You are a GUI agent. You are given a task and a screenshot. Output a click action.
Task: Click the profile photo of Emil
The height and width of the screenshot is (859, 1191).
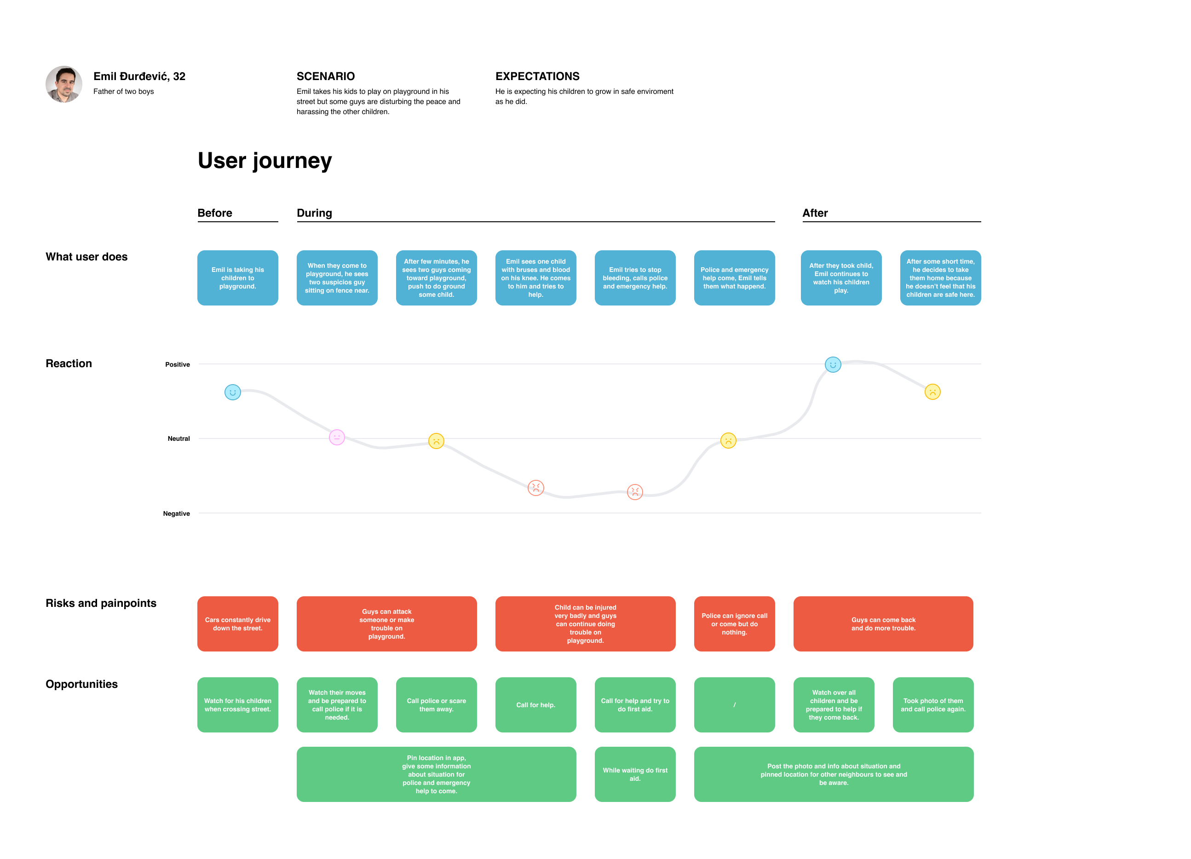pyautogui.click(x=63, y=84)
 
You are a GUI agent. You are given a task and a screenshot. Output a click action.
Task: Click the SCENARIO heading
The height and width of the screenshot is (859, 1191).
pyautogui.click(x=326, y=76)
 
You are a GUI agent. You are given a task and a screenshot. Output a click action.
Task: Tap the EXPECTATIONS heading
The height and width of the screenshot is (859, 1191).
pyautogui.click(x=537, y=76)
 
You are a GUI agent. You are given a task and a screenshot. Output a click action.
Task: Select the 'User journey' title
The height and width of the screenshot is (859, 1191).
pyautogui.click(x=265, y=161)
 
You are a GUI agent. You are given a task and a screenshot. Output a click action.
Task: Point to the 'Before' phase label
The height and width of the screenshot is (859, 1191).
pyautogui.click(x=215, y=213)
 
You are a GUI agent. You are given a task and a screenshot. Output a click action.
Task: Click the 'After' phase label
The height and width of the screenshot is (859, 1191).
pyautogui.click(x=815, y=213)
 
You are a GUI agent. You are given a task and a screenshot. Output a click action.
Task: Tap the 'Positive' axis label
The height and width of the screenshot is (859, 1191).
pyautogui.click(x=178, y=364)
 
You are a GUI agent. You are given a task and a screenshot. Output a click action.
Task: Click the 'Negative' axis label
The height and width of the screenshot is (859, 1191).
pyautogui.click(x=177, y=513)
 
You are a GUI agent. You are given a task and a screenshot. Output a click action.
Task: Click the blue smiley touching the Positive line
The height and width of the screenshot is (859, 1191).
pyautogui.click(x=832, y=364)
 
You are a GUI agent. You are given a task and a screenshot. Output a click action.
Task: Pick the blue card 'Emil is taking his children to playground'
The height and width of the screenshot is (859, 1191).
pyautogui.click(x=238, y=278)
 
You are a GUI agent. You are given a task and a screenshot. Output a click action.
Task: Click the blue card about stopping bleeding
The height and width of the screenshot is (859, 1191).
pyautogui.click(x=635, y=278)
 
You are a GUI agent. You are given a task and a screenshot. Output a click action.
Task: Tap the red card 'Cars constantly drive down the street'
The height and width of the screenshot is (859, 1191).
pyautogui.click(x=238, y=624)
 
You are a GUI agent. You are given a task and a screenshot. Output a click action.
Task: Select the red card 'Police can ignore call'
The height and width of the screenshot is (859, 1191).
pyautogui.click(x=734, y=624)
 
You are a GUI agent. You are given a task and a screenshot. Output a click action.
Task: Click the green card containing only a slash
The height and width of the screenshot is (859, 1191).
pyautogui.click(x=734, y=704)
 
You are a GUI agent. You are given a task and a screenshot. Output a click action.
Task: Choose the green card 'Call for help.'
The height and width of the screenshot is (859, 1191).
pyautogui.click(x=535, y=704)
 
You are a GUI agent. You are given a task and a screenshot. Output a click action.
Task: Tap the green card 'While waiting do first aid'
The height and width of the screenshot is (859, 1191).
pyautogui.click(x=635, y=774)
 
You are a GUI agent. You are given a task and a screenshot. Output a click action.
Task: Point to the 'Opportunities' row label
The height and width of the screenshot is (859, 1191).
pyautogui.click(x=81, y=684)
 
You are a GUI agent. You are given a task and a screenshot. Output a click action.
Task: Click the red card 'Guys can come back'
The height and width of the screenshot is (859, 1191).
pyautogui.click(x=883, y=624)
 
